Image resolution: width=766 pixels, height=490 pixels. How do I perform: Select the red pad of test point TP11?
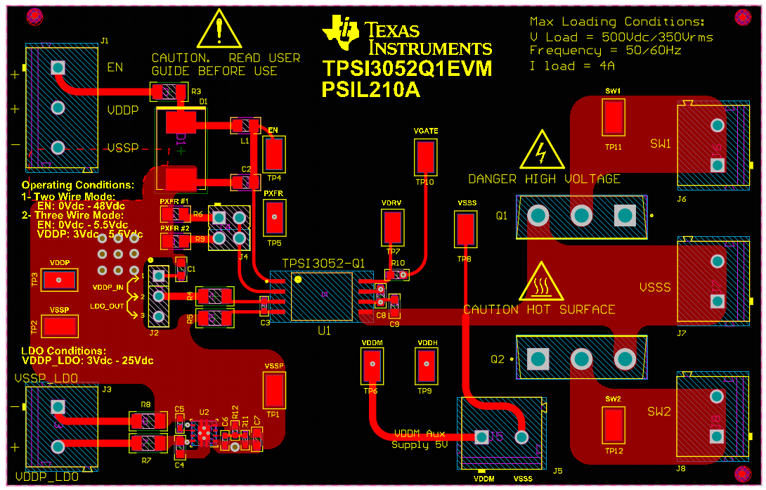[614, 117]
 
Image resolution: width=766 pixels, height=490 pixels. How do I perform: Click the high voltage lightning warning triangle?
[542, 149]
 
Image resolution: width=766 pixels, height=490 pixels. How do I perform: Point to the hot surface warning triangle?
[541, 283]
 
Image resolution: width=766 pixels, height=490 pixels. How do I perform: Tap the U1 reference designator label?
[323, 330]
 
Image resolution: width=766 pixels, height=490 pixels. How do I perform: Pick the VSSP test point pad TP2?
[60, 326]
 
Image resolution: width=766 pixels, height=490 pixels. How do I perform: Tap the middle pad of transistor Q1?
[581, 215]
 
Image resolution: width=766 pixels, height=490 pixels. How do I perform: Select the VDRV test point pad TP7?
[393, 226]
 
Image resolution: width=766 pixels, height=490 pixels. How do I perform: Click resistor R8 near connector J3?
[147, 420]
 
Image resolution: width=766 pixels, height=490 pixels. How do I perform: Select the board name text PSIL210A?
[368, 89]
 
